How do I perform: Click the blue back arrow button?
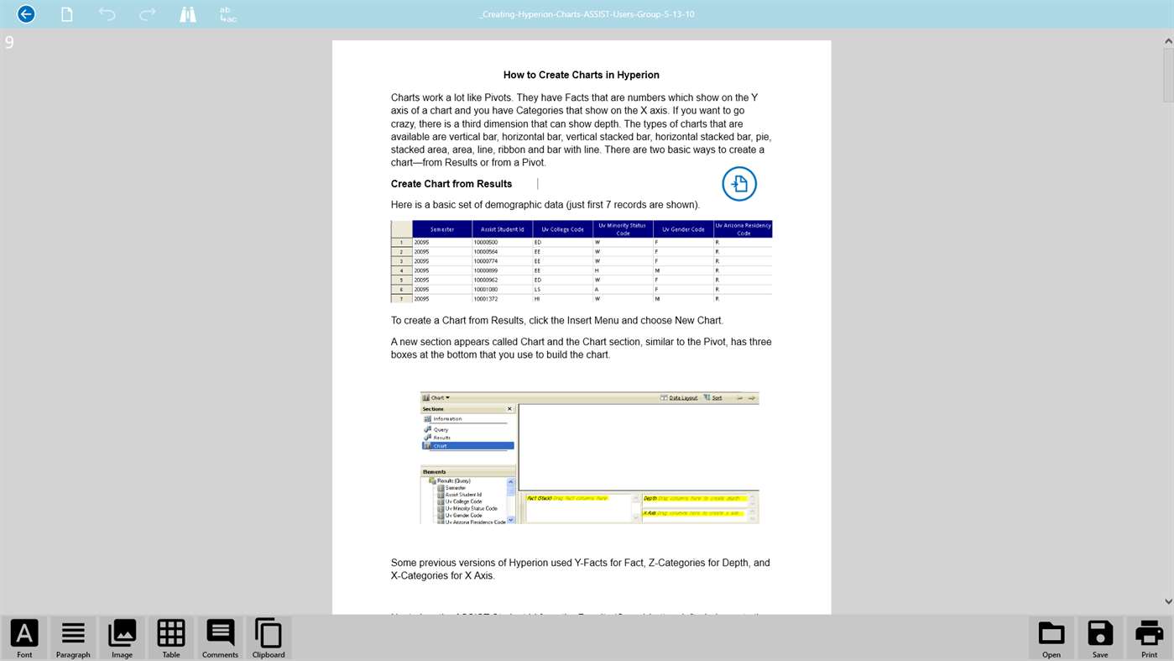pyautogui.click(x=26, y=14)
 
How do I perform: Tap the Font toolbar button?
pyautogui.click(x=24, y=637)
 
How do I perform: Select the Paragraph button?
pyautogui.click(x=73, y=637)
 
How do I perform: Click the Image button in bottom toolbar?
pyautogui.click(x=122, y=637)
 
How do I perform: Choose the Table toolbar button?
pyautogui.click(x=171, y=637)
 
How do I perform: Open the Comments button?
pyautogui.click(x=220, y=637)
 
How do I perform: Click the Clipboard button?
pyautogui.click(x=269, y=637)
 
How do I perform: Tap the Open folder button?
pyautogui.click(x=1051, y=637)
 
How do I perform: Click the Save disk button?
pyautogui.click(x=1100, y=637)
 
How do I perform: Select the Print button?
pyautogui.click(x=1149, y=637)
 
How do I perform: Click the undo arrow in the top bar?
pyautogui.click(x=107, y=14)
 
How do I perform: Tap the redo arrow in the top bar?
pyautogui.click(x=148, y=14)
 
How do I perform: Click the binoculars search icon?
pyautogui.click(x=188, y=14)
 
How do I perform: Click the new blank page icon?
pyautogui.click(x=66, y=14)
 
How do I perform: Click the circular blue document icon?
pyautogui.click(x=739, y=184)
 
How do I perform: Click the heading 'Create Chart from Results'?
pyautogui.click(x=451, y=184)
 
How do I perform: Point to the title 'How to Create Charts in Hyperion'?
pyautogui.click(x=581, y=75)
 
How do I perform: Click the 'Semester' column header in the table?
pyautogui.click(x=442, y=229)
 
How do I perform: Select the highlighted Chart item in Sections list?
pyautogui.click(x=468, y=446)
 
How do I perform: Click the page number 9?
pyautogui.click(x=9, y=42)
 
